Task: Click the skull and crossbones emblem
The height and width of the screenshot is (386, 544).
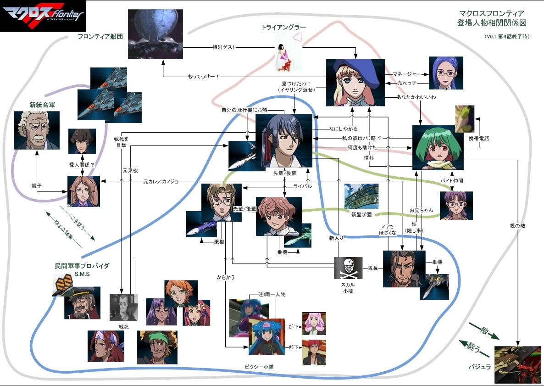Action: (348, 268)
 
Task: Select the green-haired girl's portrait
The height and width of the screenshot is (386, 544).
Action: (437, 146)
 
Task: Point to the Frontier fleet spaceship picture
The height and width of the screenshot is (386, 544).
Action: (155, 34)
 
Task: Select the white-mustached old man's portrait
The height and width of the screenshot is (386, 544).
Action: (36, 130)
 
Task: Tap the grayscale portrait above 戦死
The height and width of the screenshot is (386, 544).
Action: (124, 307)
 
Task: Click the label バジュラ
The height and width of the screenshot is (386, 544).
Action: (480, 367)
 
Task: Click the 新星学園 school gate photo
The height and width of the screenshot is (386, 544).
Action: (361, 196)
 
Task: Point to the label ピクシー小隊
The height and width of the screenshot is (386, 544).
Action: (260, 367)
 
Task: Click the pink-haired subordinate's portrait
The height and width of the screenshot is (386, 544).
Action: (314, 324)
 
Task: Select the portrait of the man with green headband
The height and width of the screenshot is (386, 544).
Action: (157, 347)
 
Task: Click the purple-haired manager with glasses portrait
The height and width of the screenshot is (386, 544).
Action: (445, 73)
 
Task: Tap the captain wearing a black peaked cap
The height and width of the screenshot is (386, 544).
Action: (82, 302)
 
